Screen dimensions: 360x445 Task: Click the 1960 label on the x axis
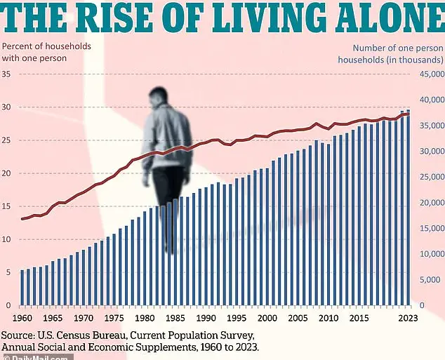[22, 318]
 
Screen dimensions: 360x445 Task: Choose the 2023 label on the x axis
[408, 318]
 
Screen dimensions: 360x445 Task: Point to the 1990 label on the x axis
[206, 318]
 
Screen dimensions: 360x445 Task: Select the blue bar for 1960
[22, 288]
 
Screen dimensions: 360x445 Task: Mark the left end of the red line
[22, 219]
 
